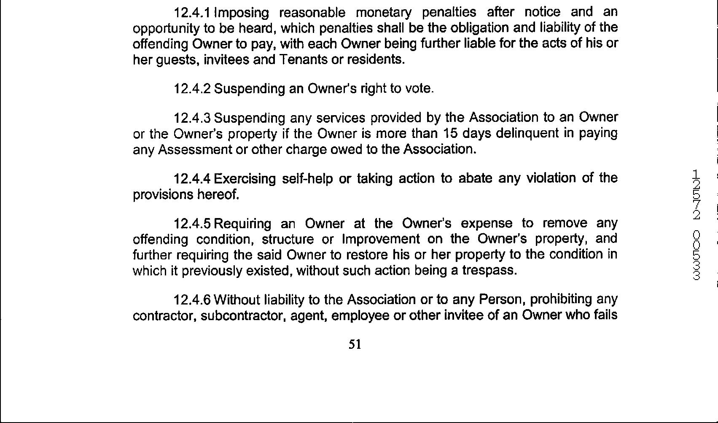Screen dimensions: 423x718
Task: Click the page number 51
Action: tap(355, 345)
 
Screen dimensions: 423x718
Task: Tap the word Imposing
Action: tap(242, 13)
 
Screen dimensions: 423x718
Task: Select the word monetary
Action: tap(385, 13)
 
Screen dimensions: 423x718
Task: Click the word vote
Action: tap(419, 89)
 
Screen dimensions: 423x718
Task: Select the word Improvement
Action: tap(381, 239)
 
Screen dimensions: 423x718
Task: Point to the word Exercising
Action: tap(245, 179)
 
